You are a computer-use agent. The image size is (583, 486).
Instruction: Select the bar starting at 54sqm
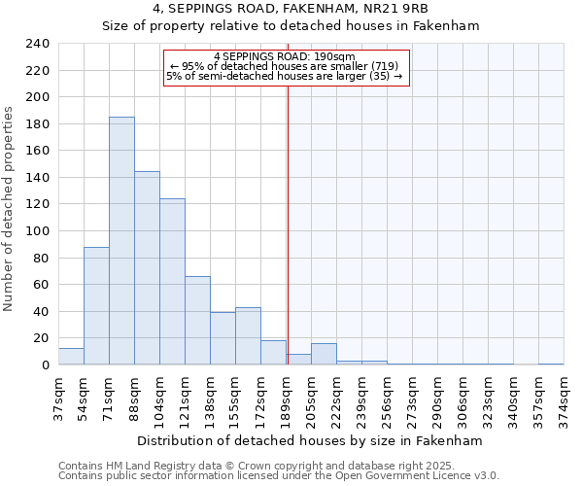96,306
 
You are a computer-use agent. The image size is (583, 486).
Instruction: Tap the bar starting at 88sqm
147,268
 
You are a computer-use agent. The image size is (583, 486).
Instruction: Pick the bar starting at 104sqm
172,282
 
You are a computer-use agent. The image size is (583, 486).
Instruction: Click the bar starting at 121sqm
197,321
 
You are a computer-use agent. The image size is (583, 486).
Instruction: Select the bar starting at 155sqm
248,336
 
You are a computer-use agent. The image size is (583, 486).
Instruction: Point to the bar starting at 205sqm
324,354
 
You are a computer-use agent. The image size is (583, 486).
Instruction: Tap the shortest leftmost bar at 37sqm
71,357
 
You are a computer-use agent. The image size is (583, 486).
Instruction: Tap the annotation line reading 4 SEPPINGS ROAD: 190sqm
286,56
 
